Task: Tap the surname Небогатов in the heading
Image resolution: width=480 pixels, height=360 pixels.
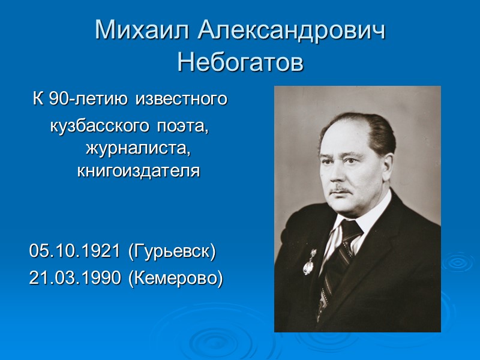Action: pos(240,62)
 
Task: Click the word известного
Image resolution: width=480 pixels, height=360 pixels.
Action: pos(182,99)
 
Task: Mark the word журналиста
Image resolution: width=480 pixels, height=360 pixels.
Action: pos(142,148)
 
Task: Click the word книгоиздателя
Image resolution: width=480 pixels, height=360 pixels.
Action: pos(138,171)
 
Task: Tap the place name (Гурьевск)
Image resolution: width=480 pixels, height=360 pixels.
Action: pos(172,251)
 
